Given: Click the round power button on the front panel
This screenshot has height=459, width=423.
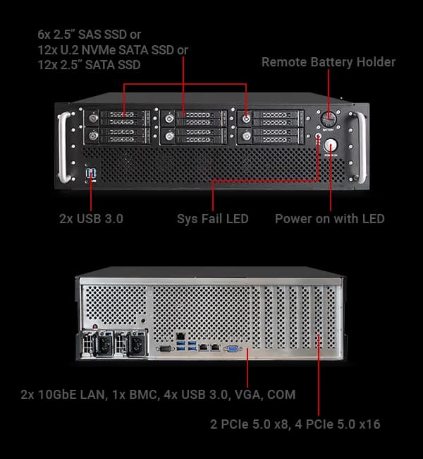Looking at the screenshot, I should pyautogui.click(x=330, y=145).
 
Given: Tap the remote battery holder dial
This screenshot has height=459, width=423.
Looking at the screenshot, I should pyautogui.click(x=329, y=118).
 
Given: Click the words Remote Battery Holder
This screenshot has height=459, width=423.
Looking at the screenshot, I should pyautogui.click(x=329, y=62).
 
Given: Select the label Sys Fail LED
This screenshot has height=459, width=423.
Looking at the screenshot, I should pyautogui.click(x=212, y=219).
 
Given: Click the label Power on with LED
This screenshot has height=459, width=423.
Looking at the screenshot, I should pyautogui.click(x=329, y=219).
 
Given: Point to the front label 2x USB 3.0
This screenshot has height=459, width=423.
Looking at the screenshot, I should pyautogui.click(x=91, y=219).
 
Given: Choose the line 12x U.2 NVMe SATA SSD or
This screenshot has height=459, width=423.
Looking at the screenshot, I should pyautogui.click(x=113, y=49).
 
